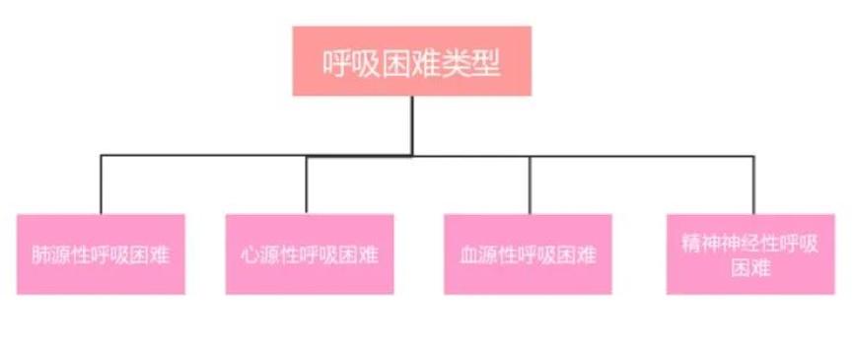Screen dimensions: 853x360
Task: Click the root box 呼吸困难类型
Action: click(x=411, y=61)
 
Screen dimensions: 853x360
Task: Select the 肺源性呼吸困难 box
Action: click(x=101, y=254)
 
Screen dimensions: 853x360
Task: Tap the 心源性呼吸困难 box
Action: click(x=309, y=254)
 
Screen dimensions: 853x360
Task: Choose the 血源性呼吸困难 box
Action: click(x=528, y=254)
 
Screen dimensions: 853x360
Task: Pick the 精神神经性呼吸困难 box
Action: click(x=750, y=254)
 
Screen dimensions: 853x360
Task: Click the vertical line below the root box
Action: click(x=412, y=123)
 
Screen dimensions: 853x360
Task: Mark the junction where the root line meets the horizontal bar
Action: click(x=412, y=155)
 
